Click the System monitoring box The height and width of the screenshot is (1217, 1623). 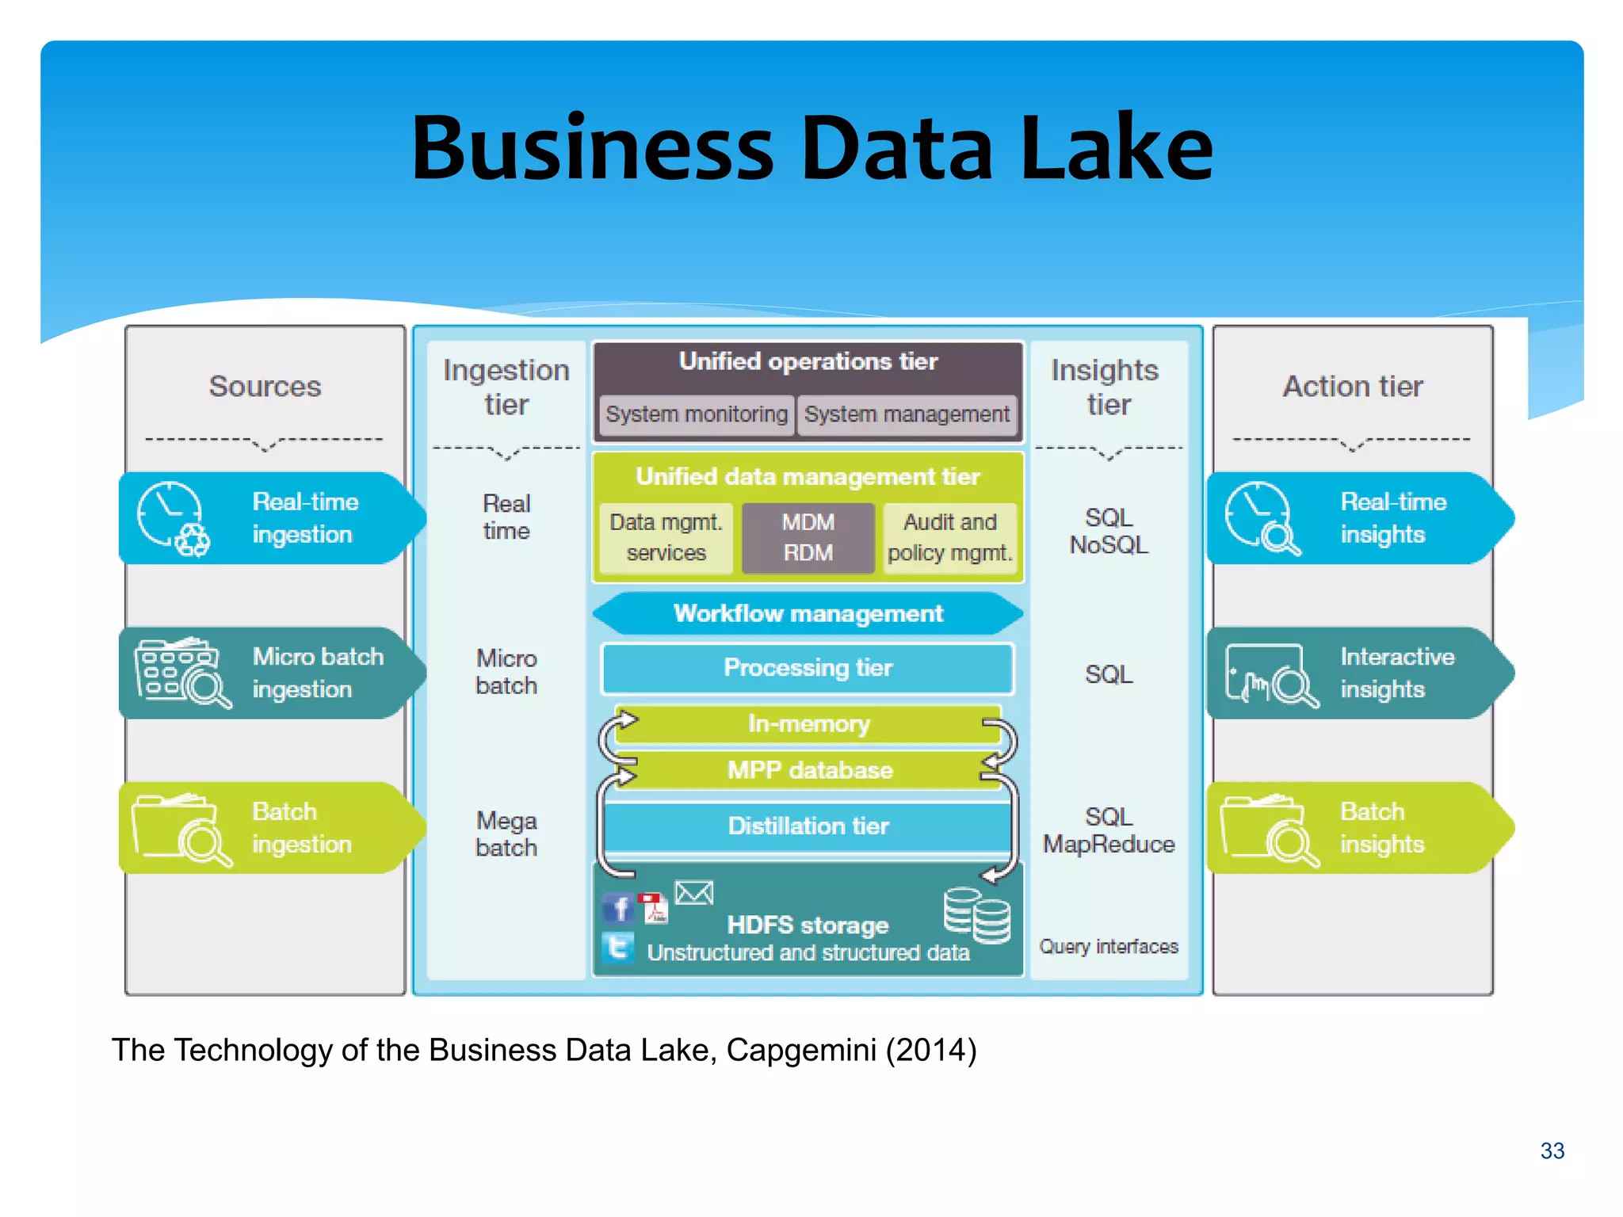point(696,414)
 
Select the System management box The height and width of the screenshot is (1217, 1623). point(907,414)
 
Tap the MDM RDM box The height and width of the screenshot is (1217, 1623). point(808,537)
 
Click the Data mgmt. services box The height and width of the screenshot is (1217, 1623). point(666,537)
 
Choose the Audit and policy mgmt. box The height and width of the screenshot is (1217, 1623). point(949,537)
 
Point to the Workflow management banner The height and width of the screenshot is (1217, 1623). point(808,614)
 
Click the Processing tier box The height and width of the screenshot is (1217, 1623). point(808,668)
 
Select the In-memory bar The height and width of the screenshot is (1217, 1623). point(808,723)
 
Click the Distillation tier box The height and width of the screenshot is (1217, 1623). point(808,826)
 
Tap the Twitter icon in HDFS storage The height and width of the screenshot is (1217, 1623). point(618,948)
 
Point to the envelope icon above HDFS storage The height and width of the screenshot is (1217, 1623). point(694,893)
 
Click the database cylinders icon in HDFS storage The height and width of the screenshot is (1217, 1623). point(976,915)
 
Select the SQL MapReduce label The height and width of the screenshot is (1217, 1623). point(1108,830)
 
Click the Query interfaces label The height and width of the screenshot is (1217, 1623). point(1108,947)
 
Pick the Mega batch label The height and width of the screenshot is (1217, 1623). point(506,834)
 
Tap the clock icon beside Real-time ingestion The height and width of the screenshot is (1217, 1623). point(169,513)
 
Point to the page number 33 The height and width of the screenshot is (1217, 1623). point(1552,1150)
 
